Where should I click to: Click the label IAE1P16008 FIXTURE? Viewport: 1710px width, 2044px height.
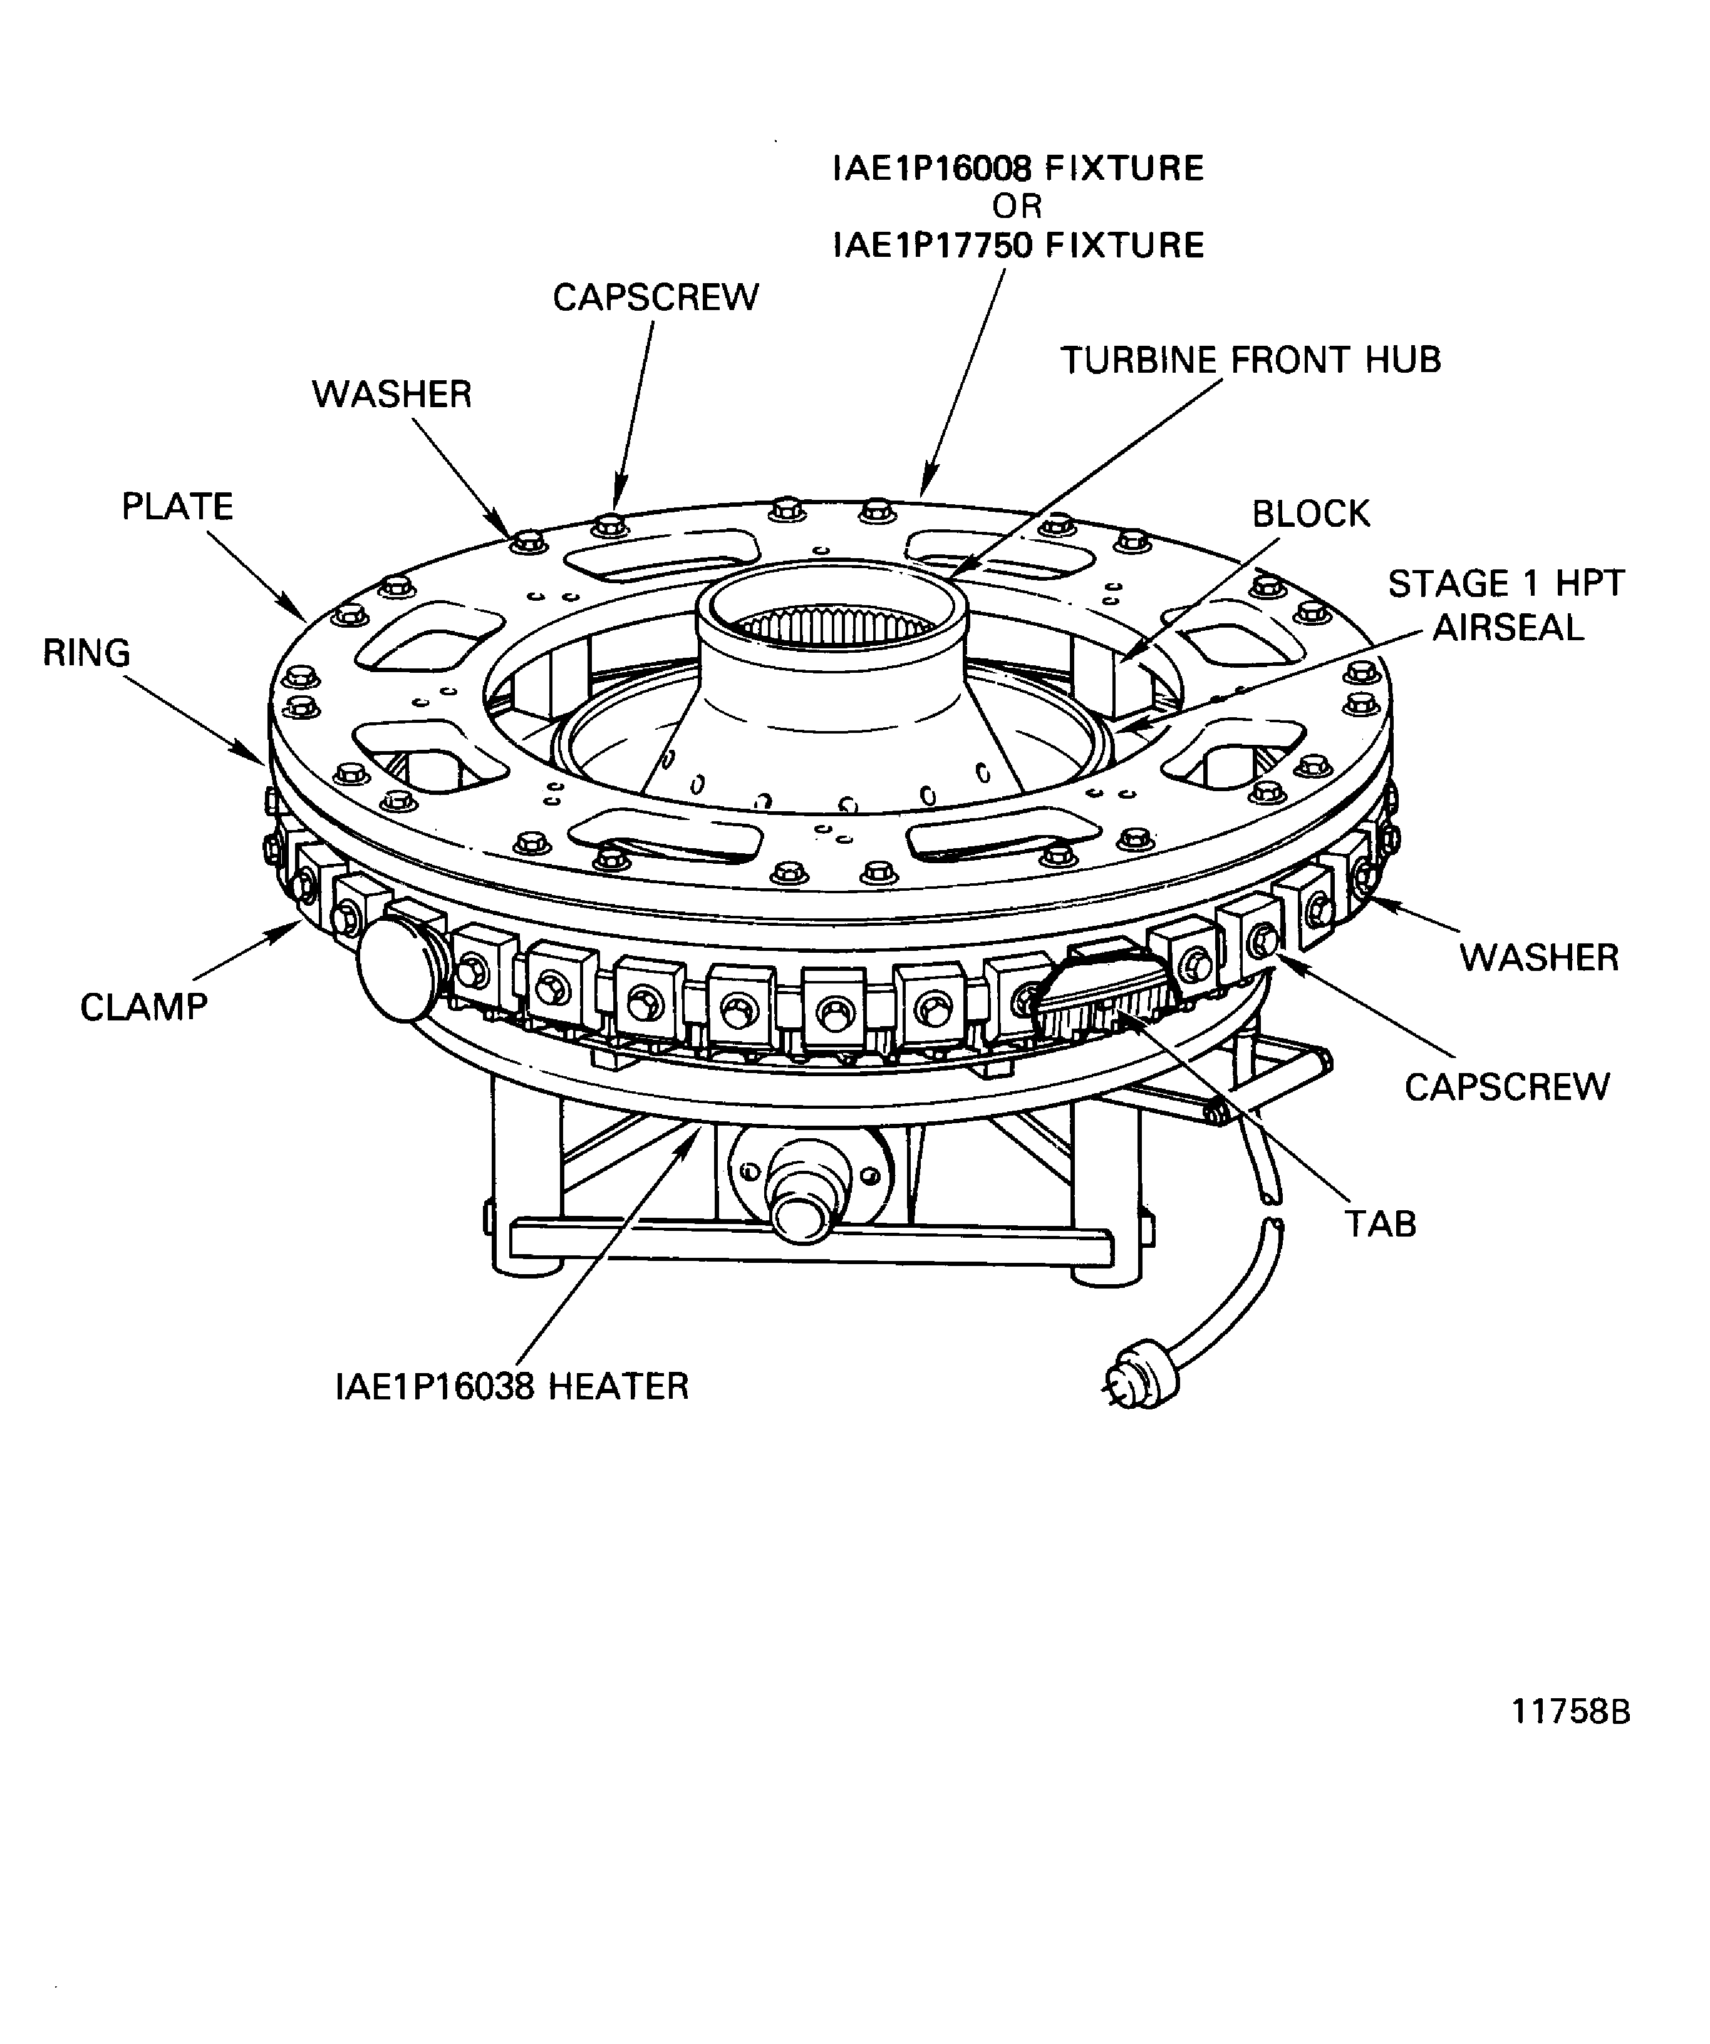[x=1018, y=169]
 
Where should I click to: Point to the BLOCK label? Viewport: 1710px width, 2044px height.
[x=1310, y=513]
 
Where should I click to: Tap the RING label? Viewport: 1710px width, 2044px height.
[x=86, y=652]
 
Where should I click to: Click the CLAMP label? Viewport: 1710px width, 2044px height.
[x=144, y=1007]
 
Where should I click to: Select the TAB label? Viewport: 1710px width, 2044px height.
[x=1379, y=1223]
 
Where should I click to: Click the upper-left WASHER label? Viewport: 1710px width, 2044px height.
[x=391, y=394]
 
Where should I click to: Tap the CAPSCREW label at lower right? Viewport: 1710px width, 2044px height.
[x=1506, y=1086]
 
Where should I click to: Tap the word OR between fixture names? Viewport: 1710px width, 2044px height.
[x=1017, y=206]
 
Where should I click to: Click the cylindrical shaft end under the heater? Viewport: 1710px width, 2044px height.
[x=801, y=1217]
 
